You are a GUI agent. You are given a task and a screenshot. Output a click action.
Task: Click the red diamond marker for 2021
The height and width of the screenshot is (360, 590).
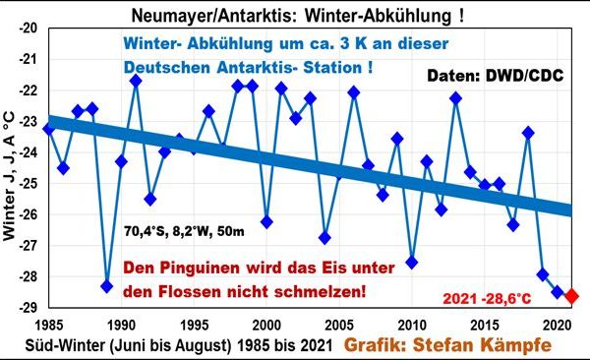[x=571, y=295]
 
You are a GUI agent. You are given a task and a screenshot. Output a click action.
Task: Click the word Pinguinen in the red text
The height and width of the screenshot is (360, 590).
[x=212, y=269]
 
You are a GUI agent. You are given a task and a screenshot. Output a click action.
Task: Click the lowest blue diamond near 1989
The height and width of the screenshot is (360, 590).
[x=107, y=286]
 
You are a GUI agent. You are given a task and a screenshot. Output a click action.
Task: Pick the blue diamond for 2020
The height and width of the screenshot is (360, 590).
[x=557, y=291]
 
